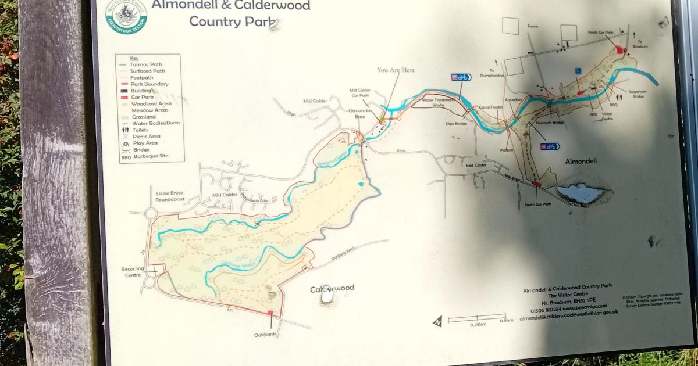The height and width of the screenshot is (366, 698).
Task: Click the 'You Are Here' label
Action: [x=396, y=70]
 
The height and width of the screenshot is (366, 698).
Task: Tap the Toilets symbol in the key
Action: [x=125, y=130]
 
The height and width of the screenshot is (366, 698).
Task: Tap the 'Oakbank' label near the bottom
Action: [x=264, y=335]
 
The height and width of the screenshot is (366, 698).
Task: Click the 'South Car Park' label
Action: [x=537, y=204]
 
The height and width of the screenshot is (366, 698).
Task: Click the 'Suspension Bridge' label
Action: [x=650, y=94]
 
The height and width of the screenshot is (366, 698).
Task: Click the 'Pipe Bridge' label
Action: [x=457, y=124]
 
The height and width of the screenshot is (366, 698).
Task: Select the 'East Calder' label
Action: [x=476, y=165]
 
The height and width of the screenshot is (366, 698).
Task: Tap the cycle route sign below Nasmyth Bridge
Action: [x=550, y=146]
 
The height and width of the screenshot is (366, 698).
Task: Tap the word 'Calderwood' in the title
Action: [x=275, y=6]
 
